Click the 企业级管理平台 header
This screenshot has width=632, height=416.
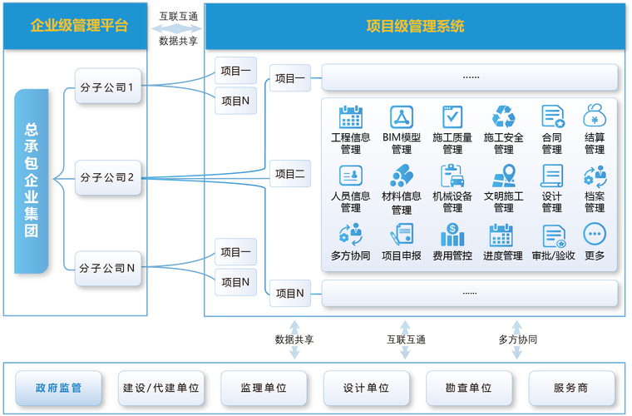(80, 26)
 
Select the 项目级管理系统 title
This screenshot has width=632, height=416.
(415, 26)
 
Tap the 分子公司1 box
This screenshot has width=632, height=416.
(108, 86)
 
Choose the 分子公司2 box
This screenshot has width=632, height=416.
(108, 176)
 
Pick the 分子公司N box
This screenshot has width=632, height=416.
(108, 267)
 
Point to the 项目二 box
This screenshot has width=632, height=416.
(289, 174)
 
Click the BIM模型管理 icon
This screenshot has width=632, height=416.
(402, 116)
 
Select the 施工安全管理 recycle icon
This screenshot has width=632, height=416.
(504, 116)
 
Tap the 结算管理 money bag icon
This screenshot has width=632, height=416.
(595, 116)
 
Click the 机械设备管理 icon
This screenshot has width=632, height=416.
(452, 176)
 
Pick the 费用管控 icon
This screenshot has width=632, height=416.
(452, 234)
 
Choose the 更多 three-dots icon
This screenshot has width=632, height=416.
(595, 234)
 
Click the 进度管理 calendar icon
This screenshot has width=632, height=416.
(502, 234)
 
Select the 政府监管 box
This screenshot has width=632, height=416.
(58, 388)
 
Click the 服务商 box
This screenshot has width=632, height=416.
(570, 388)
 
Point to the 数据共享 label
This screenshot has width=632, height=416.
(294, 339)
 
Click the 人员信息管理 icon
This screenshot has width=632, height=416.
(351, 176)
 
